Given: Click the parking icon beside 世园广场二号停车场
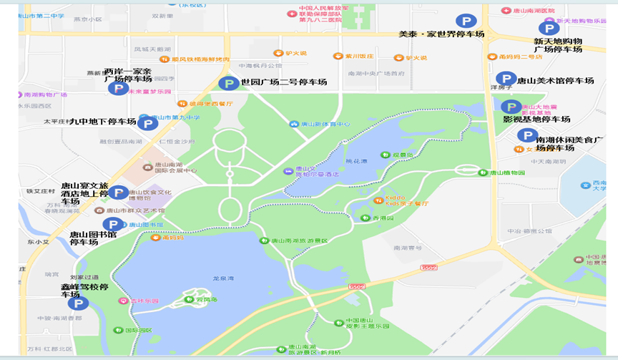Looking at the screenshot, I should [x=228, y=84].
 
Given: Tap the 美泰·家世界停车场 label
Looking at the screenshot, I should [x=441, y=34].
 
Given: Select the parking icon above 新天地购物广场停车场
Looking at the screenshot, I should [x=548, y=28].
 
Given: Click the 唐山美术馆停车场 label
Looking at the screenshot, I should [x=556, y=81].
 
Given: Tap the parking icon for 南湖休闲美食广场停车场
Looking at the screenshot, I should [x=527, y=135].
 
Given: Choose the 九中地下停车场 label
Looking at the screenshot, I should [x=102, y=122].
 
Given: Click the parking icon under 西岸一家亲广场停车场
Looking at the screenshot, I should [x=118, y=88].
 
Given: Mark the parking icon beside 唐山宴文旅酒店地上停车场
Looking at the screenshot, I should [x=118, y=192].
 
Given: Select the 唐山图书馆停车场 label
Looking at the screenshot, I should [x=93, y=238].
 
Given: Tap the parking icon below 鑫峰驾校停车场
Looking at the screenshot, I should [x=78, y=303].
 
